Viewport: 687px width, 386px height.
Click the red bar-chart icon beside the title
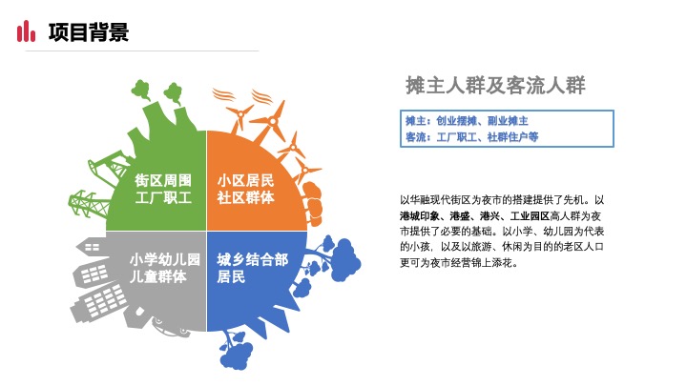pyautogui.click(x=27, y=32)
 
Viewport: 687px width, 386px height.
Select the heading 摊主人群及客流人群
pyautogui.click(x=495, y=85)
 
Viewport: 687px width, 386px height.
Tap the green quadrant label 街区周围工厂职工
pyautogui.click(x=163, y=189)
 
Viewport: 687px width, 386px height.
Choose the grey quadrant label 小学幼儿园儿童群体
pyautogui.click(x=163, y=269)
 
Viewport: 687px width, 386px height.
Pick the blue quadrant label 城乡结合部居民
pyautogui.click(x=252, y=269)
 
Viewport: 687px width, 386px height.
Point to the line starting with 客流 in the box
pyautogui.click(x=472, y=137)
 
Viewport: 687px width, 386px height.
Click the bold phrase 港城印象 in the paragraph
pyautogui.click(x=422, y=216)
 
